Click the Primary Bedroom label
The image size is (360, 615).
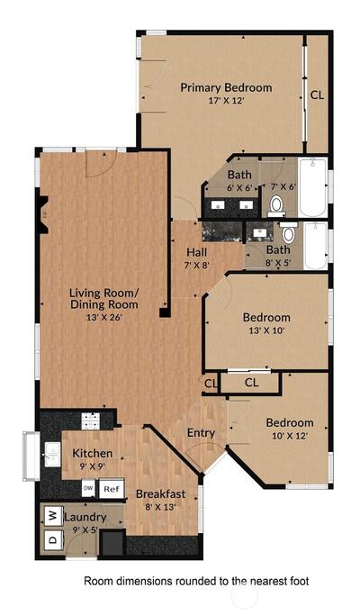[x=226, y=88]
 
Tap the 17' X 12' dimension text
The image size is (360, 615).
[x=226, y=101]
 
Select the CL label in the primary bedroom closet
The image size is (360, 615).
[x=318, y=95]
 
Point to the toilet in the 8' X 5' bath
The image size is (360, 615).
[x=289, y=233]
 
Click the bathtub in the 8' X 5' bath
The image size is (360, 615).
[x=316, y=246]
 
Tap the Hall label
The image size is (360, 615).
[x=197, y=252]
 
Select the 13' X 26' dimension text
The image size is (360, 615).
[x=104, y=317]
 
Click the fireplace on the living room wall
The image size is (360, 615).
[x=43, y=214]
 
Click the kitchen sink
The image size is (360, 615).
[x=52, y=455]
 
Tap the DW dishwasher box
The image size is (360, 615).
[x=89, y=489]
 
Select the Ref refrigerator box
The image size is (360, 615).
[x=112, y=489]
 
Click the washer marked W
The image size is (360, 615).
[x=54, y=515]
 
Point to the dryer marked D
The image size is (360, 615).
[x=54, y=539]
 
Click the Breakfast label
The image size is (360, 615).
[x=161, y=494]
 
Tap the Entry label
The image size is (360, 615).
[x=201, y=433]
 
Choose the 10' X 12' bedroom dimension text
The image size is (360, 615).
[x=290, y=436]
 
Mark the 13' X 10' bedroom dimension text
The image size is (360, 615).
[x=266, y=330]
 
